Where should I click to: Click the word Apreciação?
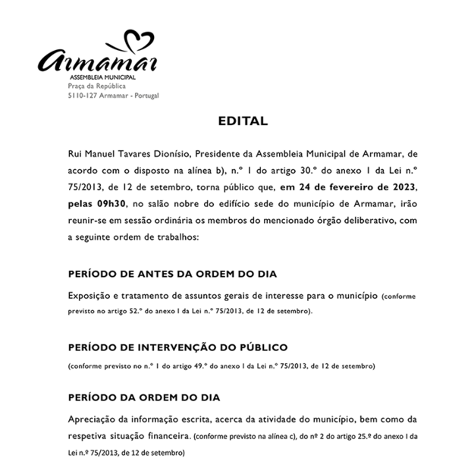click(x=95, y=419)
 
